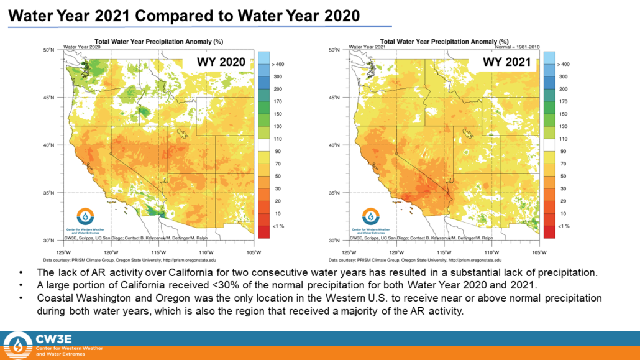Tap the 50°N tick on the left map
50,50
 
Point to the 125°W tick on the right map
349,252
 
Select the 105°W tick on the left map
254,252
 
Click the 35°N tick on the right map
335,193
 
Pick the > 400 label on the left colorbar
278,64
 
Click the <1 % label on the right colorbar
563,226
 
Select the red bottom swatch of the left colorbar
263,232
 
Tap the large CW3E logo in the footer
18,345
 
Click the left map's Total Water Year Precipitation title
158,41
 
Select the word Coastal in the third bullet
57,298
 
